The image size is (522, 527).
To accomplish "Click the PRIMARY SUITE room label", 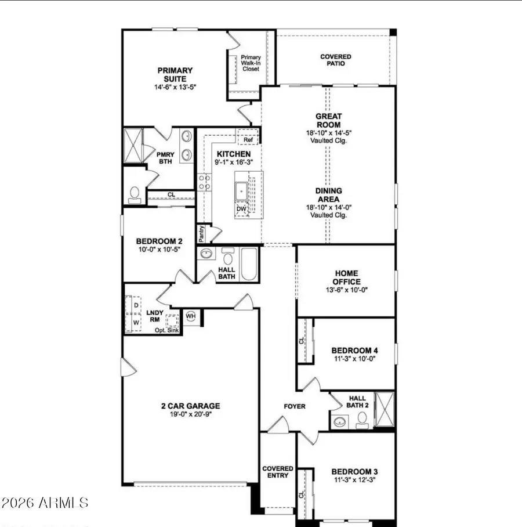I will pyautogui.click(x=175, y=75).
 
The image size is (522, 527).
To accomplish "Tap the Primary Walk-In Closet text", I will pyautogui.click(x=251, y=63).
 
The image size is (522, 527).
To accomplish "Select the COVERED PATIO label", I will pyautogui.click(x=336, y=60).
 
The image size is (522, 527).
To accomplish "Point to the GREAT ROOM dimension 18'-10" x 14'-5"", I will pyautogui.click(x=328, y=132).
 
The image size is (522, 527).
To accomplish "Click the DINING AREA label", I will pyautogui.click(x=328, y=195).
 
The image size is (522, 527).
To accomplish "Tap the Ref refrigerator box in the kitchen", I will pyautogui.click(x=248, y=140).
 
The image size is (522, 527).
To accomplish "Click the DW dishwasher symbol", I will pyautogui.click(x=241, y=209).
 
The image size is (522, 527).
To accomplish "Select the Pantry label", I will pyautogui.click(x=201, y=233).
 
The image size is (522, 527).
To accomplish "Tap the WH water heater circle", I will pyautogui.click(x=191, y=316).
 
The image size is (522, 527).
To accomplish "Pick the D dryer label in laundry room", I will pyautogui.click(x=136, y=305).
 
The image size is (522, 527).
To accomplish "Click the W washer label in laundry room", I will pyautogui.click(x=136, y=321).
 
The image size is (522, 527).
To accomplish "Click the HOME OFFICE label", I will pyautogui.click(x=346, y=277).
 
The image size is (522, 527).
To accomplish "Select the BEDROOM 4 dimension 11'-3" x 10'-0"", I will pyautogui.click(x=354, y=359).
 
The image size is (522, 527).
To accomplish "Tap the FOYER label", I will pyautogui.click(x=294, y=406).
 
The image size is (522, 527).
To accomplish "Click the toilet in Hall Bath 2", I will pyautogui.click(x=362, y=417).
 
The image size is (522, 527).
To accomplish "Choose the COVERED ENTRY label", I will pyautogui.click(x=278, y=472).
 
